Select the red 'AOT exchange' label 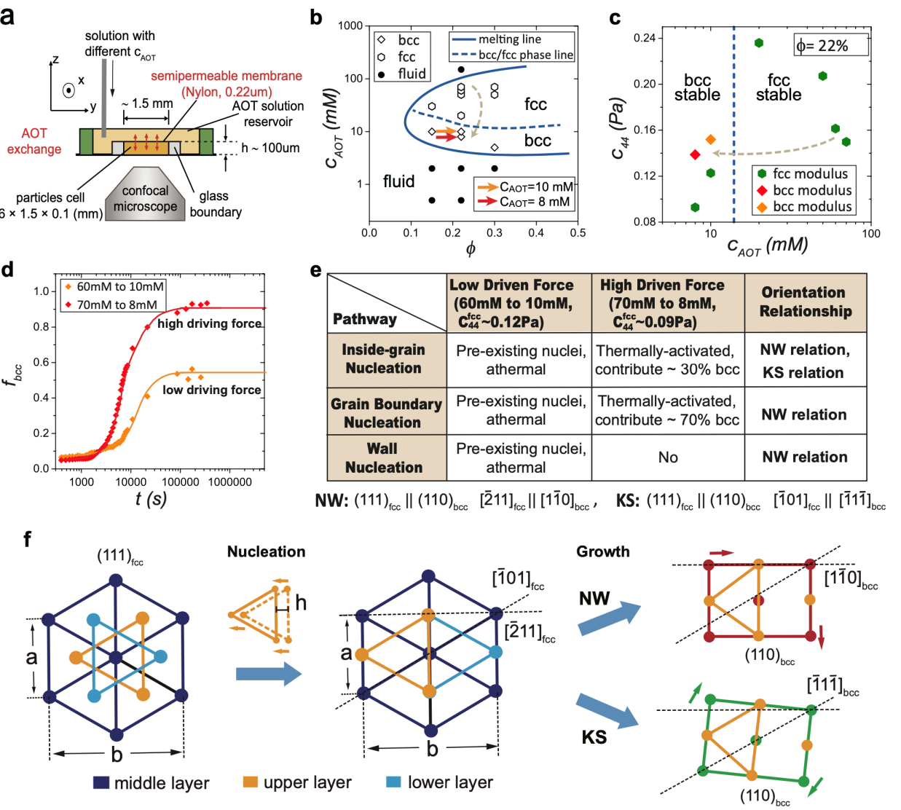coord(34,141)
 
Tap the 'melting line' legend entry coord(509,39)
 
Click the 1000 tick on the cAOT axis coord(350,26)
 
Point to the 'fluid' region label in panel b coord(398,181)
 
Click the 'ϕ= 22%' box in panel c coord(831,45)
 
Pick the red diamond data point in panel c coord(695,154)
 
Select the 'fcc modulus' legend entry coord(802,174)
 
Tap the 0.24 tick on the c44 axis coord(644,38)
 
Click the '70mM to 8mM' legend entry coord(117,304)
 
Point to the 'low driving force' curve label coord(211,390)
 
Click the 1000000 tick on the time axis coord(229,482)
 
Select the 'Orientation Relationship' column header coord(805,302)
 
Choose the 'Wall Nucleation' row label coord(384,458)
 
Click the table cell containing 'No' coord(668,457)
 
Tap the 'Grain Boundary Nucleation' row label coord(386,413)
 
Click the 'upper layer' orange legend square coord(251,782)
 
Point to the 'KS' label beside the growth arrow coord(594,737)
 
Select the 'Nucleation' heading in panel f coord(266,551)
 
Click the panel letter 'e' coord(315,270)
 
